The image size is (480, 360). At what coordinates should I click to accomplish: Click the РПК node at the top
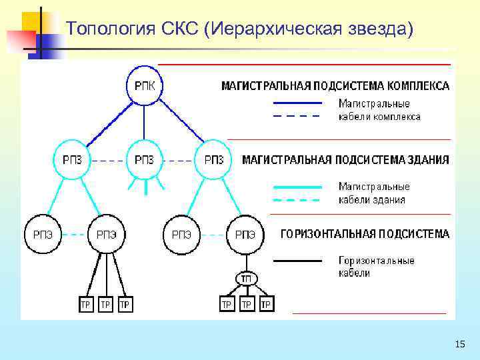click(145, 85)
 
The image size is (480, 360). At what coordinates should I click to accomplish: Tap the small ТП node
click(245, 277)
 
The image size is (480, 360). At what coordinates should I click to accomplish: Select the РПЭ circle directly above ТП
click(245, 234)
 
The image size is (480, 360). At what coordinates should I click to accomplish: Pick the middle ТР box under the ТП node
click(246, 305)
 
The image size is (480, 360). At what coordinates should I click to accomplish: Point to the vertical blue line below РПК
click(145, 120)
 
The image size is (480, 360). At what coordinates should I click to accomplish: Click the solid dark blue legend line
click(297, 103)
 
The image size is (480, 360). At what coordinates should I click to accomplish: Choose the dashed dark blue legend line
click(297, 116)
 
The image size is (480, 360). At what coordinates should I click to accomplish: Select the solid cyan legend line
click(297, 187)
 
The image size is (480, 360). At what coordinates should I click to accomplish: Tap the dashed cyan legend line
click(297, 199)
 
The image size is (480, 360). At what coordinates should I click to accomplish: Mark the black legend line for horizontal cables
click(297, 260)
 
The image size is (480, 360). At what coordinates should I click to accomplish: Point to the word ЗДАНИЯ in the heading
click(425, 160)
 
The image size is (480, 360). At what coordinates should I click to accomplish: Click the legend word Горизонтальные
click(376, 261)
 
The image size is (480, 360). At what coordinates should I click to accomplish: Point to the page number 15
click(459, 344)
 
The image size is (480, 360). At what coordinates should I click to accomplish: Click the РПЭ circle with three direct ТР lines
click(107, 234)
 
